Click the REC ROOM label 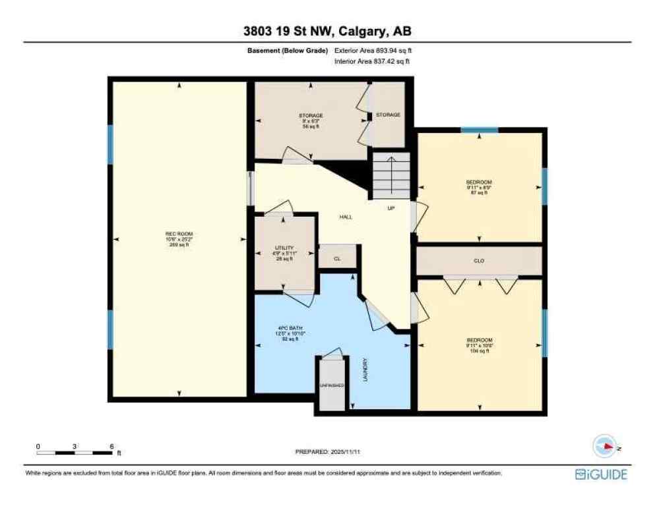[x=179, y=239]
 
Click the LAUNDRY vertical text [x=364, y=369]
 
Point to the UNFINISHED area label [x=332, y=385]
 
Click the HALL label [x=346, y=217]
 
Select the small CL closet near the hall [x=337, y=259]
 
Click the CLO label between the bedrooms [x=479, y=261]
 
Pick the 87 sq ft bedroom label [x=479, y=187]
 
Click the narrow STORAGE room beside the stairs [x=388, y=115]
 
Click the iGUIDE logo [x=601, y=474]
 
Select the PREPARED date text [x=328, y=452]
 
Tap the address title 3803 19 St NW [x=327, y=31]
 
